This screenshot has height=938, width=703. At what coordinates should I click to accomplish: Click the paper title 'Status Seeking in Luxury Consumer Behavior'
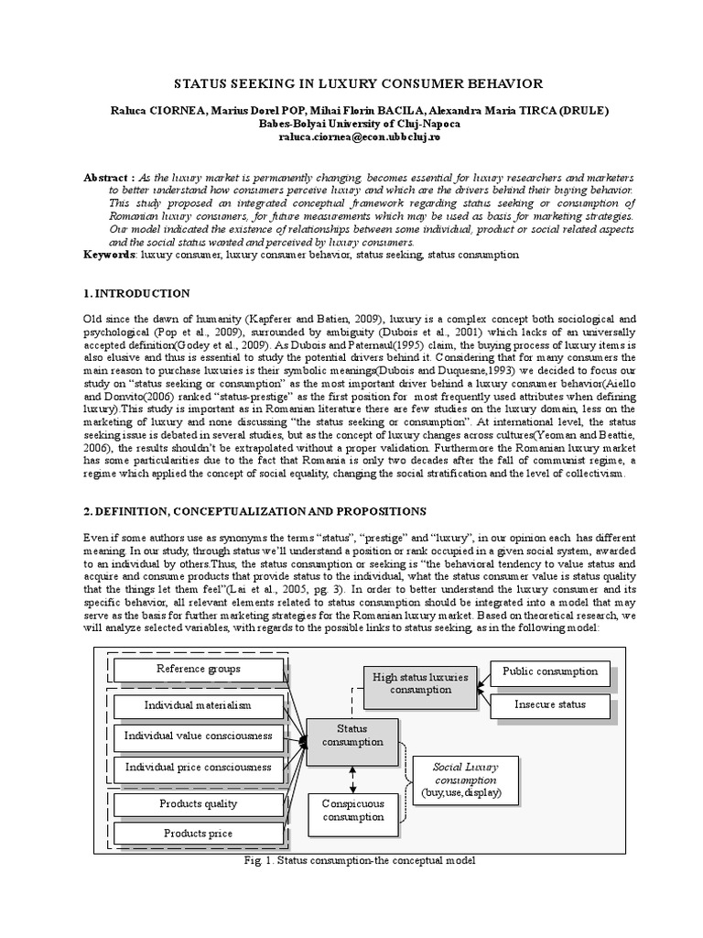click(x=352, y=83)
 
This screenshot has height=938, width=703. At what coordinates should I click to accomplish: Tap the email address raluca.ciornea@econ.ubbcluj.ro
click(x=352, y=136)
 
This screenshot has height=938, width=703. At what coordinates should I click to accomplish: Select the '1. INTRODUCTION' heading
click(x=136, y=293)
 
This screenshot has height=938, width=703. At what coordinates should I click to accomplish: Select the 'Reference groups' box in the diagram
click(x=198, y=670)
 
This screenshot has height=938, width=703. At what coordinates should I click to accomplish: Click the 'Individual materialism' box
click(x=198, y=705)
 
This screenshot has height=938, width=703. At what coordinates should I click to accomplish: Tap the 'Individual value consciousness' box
click(x=198, y=736)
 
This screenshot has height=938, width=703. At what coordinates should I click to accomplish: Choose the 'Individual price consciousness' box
click(x=198, y=767)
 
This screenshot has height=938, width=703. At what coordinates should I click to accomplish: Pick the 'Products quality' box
click(x=198, y=803)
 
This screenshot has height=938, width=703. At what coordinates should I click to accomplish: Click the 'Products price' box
click(x=198, y=834)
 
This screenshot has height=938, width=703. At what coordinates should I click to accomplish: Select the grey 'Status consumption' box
click(x=351, y=735)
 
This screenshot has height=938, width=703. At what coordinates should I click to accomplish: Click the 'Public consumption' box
click(x=549, y=671)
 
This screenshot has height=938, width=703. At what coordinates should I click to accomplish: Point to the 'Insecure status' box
click(x=549, y=704)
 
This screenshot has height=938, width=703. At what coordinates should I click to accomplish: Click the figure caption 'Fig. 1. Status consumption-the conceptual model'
click(x=351, y=862)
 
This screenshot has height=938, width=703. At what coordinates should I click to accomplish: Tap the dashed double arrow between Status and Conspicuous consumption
click(x=351, y=778)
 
